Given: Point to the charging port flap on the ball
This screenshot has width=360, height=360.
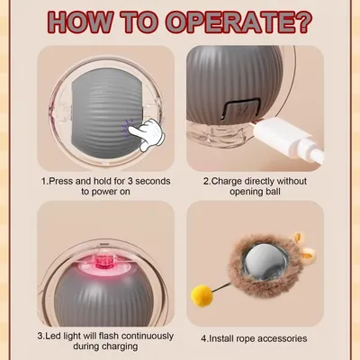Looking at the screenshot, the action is tap(240, 110).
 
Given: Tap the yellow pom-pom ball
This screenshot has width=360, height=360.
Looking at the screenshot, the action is tap(202, 295).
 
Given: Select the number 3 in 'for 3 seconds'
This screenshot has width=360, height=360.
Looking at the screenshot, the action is tap(130, 181).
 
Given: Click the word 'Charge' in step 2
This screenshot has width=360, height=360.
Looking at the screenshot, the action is tap(227, 182).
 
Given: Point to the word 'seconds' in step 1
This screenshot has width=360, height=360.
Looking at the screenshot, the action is tap(153, 181).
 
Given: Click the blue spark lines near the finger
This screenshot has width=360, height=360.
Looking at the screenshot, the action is tap(128, 128).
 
